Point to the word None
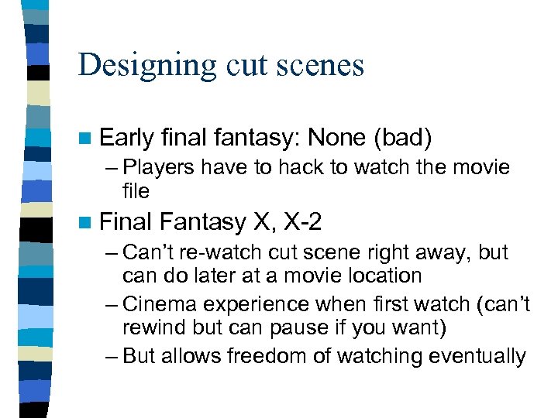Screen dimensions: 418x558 (336, 138)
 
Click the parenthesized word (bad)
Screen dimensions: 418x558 (402, 138)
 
